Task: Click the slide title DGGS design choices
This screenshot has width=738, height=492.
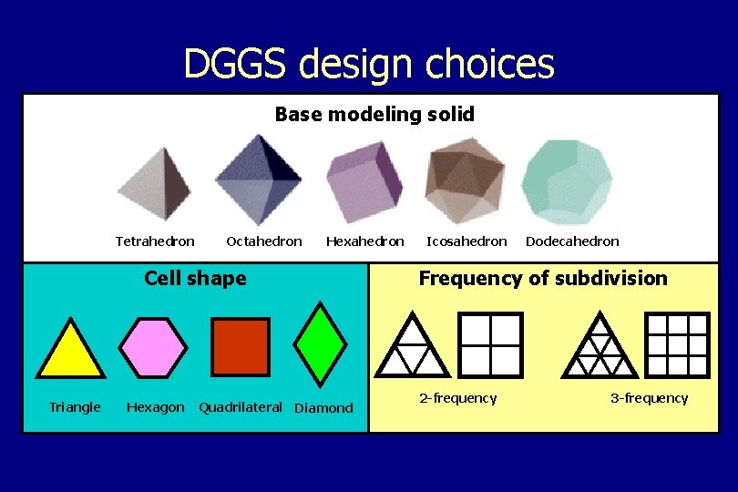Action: (368, 64)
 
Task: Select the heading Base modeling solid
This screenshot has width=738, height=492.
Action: (374, 114)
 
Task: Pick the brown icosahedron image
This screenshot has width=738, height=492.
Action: (466, 180)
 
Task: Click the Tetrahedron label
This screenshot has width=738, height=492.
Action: (155, 241)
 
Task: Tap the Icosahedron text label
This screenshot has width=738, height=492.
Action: (466, 241)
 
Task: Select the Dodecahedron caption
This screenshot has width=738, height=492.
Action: (572, 241)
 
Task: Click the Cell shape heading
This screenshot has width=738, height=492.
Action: (195, 278)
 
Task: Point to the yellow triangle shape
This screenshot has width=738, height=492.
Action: (69, 350)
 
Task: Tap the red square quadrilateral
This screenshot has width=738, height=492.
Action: (241, 346)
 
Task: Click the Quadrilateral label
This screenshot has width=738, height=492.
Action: (241, 406)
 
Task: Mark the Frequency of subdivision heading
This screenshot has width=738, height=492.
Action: (543, 278)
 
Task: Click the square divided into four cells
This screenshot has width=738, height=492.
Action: (491, 344)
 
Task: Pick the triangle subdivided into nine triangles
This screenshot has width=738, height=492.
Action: (600, 346)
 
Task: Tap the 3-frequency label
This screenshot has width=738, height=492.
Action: (649, 398)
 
